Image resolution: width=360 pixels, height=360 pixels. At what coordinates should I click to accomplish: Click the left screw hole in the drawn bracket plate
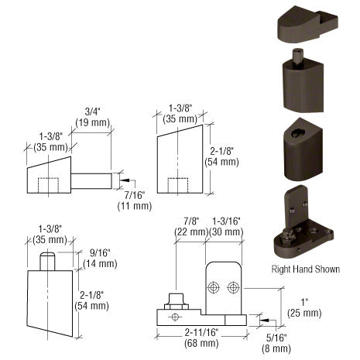click(x=216, y=287)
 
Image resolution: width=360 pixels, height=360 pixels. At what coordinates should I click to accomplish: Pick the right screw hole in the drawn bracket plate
click(x=233, y=287)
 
